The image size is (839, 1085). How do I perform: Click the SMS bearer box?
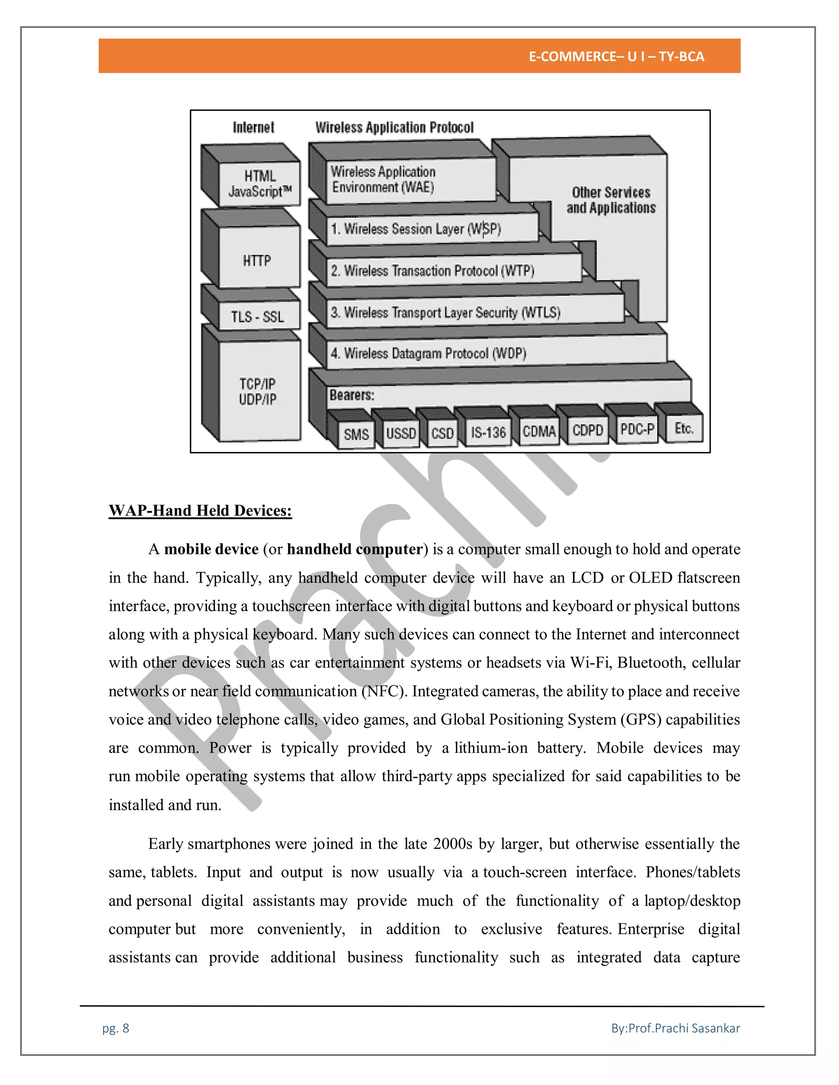click(x=356, y=434)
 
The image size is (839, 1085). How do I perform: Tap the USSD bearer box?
click(x=401, y=433)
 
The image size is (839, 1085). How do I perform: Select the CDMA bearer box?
click(x=539, y=431)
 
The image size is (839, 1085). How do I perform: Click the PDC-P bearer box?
click(x=637, y=428)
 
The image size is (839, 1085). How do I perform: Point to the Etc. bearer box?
click(x=684, y=428)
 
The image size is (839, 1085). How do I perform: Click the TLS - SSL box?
click(x=257, y=316)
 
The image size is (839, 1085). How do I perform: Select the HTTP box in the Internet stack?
click(x=257, y=260)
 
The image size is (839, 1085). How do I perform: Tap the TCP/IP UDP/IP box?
click(x=257, y=391)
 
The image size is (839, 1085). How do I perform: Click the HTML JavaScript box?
click(x=259, y=184)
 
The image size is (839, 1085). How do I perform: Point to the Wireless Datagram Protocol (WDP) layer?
click(x=428, y=353)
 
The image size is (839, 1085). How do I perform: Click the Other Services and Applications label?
click(x=611, y=200)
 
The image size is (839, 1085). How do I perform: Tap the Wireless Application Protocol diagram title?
click(x=394, y=128)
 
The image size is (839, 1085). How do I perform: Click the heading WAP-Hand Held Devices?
click(x=200, y=511)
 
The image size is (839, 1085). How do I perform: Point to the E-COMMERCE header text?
click(x=616, y=57)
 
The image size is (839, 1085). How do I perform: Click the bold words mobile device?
click(x=211, y=549)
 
